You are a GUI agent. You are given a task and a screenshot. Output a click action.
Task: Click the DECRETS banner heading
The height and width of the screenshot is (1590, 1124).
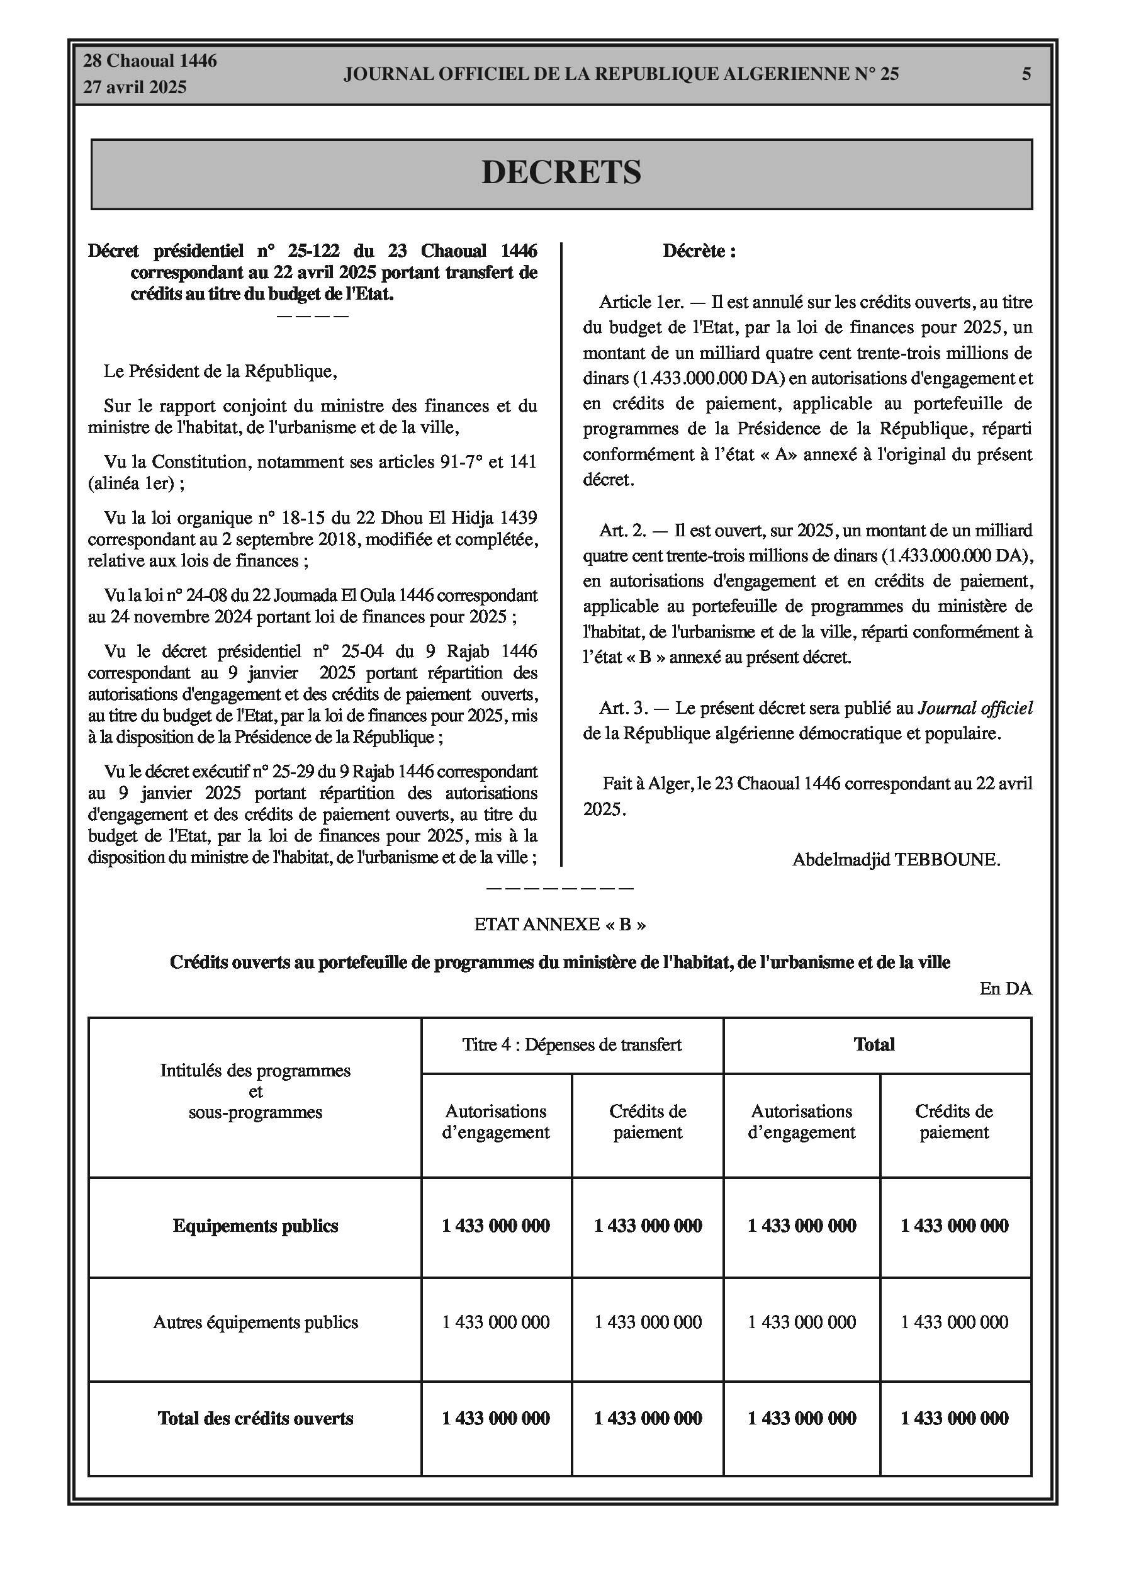[561, 172]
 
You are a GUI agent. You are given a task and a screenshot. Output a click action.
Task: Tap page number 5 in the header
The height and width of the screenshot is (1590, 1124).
[1026, 74]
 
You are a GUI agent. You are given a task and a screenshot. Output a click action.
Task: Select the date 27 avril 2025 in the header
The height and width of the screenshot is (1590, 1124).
[135, 87]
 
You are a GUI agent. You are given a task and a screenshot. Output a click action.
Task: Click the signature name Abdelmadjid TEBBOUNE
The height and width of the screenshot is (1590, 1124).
[896, 860]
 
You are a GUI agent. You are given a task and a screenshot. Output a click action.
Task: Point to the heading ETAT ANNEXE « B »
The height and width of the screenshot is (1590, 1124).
[559, 925]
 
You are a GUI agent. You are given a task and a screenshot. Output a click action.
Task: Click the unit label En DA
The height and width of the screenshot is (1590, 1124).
[1005, 989]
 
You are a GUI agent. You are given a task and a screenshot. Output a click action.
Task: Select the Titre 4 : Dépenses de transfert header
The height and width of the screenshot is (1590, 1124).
[572, 1045]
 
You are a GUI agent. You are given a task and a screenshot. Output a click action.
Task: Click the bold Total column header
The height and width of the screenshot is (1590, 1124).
[874, 1045]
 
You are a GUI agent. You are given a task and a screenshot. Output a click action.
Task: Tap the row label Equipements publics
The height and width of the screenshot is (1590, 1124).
[256, 1226]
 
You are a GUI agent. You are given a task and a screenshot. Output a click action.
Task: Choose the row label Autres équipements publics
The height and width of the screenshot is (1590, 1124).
[256, 1322]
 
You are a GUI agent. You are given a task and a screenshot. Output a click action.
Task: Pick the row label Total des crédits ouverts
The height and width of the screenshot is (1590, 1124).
[256, 1419]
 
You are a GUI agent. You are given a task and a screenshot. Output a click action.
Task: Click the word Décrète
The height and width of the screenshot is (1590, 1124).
[699, 251]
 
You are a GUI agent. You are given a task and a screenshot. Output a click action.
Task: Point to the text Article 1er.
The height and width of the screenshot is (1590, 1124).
[641, 303]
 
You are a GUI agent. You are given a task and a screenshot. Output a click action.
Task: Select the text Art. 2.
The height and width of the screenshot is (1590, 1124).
[622, 531]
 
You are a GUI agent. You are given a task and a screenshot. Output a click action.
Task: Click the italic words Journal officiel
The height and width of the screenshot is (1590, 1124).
[975, 708]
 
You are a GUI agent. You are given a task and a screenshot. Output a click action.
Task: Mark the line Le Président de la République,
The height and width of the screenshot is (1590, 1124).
[220, 372]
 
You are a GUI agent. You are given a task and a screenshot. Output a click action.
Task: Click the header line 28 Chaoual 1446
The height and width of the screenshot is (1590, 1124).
[150, 61]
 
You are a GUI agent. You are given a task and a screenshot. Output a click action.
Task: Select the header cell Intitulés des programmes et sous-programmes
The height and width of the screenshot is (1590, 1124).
[256, 1092]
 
